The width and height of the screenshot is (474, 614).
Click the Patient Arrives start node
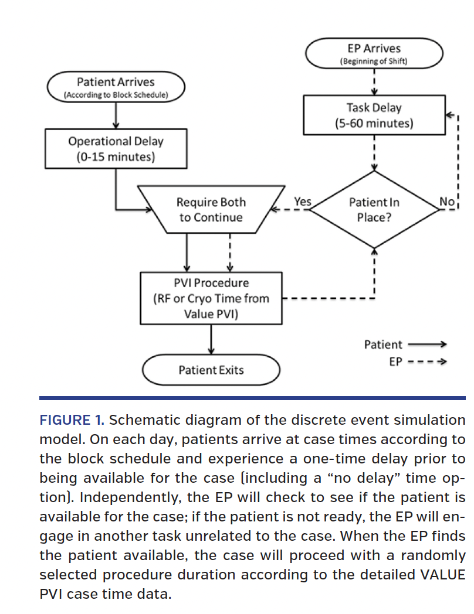pyautogui.click(x=116, y=87)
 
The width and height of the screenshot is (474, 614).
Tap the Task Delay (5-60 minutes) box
pyautogui.click(x=374, y=115)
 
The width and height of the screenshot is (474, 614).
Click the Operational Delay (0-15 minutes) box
pyautogui.click(x=116, y=149)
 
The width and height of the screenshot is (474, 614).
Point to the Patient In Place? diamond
pyautogui.click(x=374, y=210)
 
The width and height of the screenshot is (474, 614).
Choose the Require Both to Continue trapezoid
pyautogui.click(x=210, y=210)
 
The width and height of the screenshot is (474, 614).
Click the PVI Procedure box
pyautogui.click(x=211, y=298)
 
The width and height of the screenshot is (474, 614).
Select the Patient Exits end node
pyautogui.click(x=211, y=370)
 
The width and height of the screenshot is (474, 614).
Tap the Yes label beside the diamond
pyautogui.click(x=302, y=202)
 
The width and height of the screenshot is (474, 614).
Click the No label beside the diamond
pyautogui.click(x=446, y=202)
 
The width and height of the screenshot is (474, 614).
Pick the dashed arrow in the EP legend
pyautogui.click(x=427, y=362)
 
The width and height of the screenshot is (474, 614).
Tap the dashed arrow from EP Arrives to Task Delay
pyautogui.click(x=374, y=82)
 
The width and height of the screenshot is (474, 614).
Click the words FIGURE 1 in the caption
pyautogui.click(x=72, y=420)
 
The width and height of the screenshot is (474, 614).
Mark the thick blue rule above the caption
pyautogui.click(x=252, y=398)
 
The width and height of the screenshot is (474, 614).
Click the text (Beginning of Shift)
pyautogui.click(x=374, y=61)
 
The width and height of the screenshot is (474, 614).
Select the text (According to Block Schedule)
pyautogui.click(x=116, y=94)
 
